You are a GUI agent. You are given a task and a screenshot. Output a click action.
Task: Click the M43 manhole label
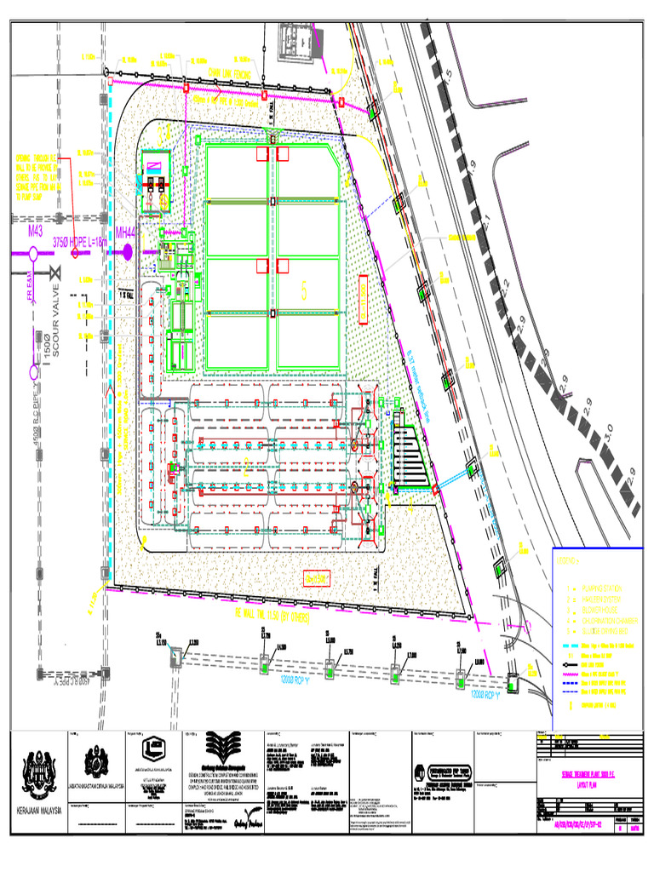[35, 231]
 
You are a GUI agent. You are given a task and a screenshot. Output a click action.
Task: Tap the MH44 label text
[126, 232]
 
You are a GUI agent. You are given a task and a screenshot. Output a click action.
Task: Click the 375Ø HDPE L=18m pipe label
[81, 241]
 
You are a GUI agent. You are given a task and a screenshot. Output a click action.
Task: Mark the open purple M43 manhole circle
[32, 251]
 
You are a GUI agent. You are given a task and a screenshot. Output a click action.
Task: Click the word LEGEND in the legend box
[567, 562]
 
